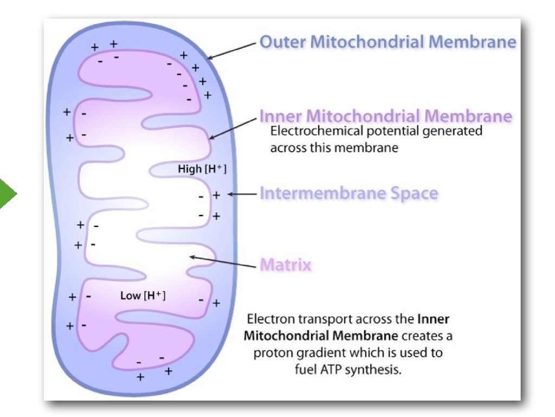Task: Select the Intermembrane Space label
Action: coord(349,194)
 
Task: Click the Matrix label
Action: coord(286,265)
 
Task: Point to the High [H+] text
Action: coord(202,169)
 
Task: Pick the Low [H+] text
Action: coord(143,296)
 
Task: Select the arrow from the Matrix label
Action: coord(222,262)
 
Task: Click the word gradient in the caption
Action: coord(314,353)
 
